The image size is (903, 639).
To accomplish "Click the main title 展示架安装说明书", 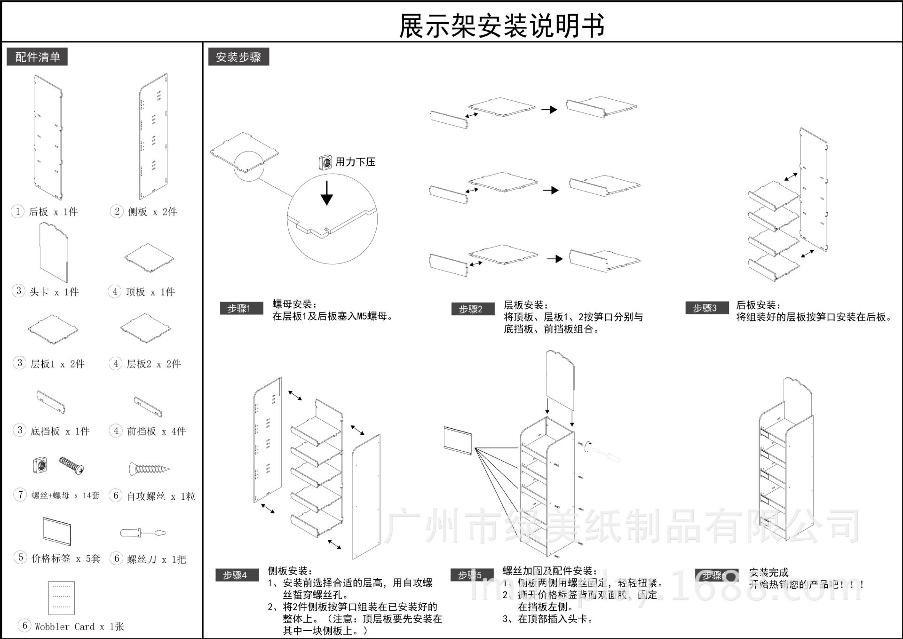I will (x=501, y=25).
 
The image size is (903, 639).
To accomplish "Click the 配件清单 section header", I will (x=37, y=57).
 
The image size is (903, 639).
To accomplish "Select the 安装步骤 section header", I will (x=238, y=57).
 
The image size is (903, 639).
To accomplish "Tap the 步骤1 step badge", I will (x=240, y=309).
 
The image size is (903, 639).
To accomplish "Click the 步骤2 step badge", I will (x=472, y=309).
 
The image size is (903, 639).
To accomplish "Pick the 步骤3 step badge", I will (x=706, y=308).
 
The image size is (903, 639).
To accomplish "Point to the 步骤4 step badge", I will (x=236, y=575).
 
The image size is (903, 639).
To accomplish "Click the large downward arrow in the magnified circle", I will (x=327, y=192).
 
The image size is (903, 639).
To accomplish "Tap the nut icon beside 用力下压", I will (x=325, y=162).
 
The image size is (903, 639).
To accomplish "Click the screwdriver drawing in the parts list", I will (x=143, y=533).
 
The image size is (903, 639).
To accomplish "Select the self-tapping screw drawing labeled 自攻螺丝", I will (x=149, y=469).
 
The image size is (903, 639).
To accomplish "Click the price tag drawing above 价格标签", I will (x=56, y=531).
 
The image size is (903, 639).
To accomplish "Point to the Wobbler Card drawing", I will (x=62, y=598).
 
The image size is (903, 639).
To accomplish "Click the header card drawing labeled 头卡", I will (x=54, y=252).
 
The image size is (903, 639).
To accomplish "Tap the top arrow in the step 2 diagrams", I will (x=549, y=110).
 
